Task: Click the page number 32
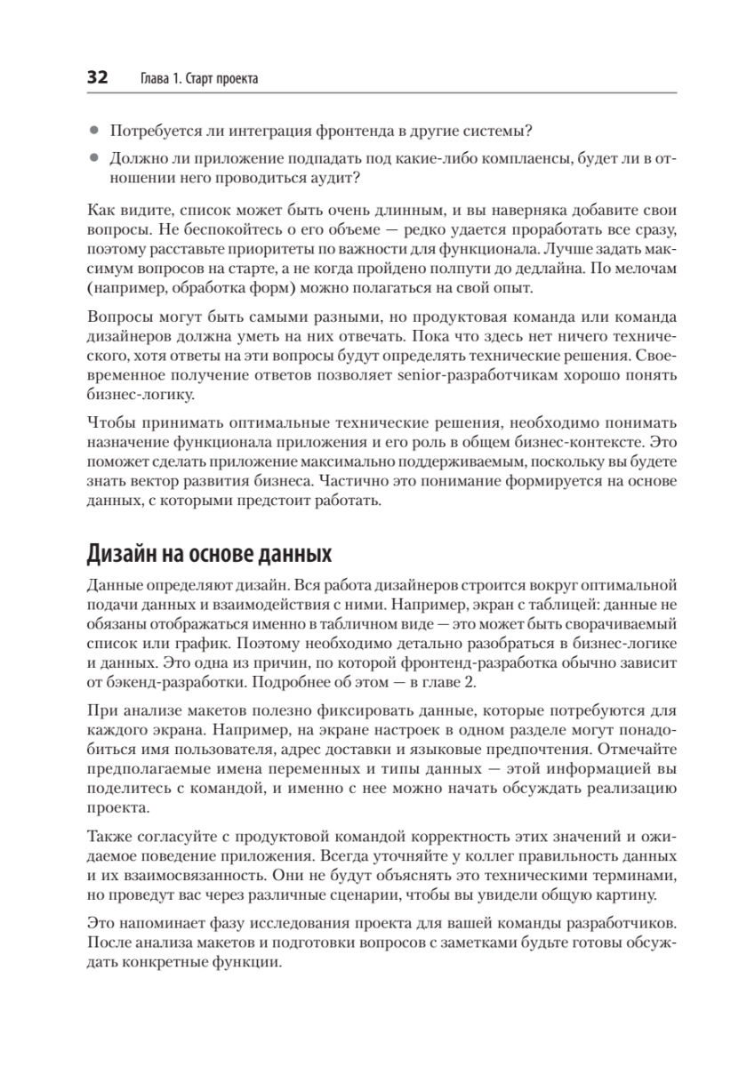tap(97, 78)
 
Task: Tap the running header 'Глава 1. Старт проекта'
tap(200, 79)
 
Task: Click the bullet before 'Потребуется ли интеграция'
tap(94, 132)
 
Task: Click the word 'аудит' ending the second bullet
tap(338, 178)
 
